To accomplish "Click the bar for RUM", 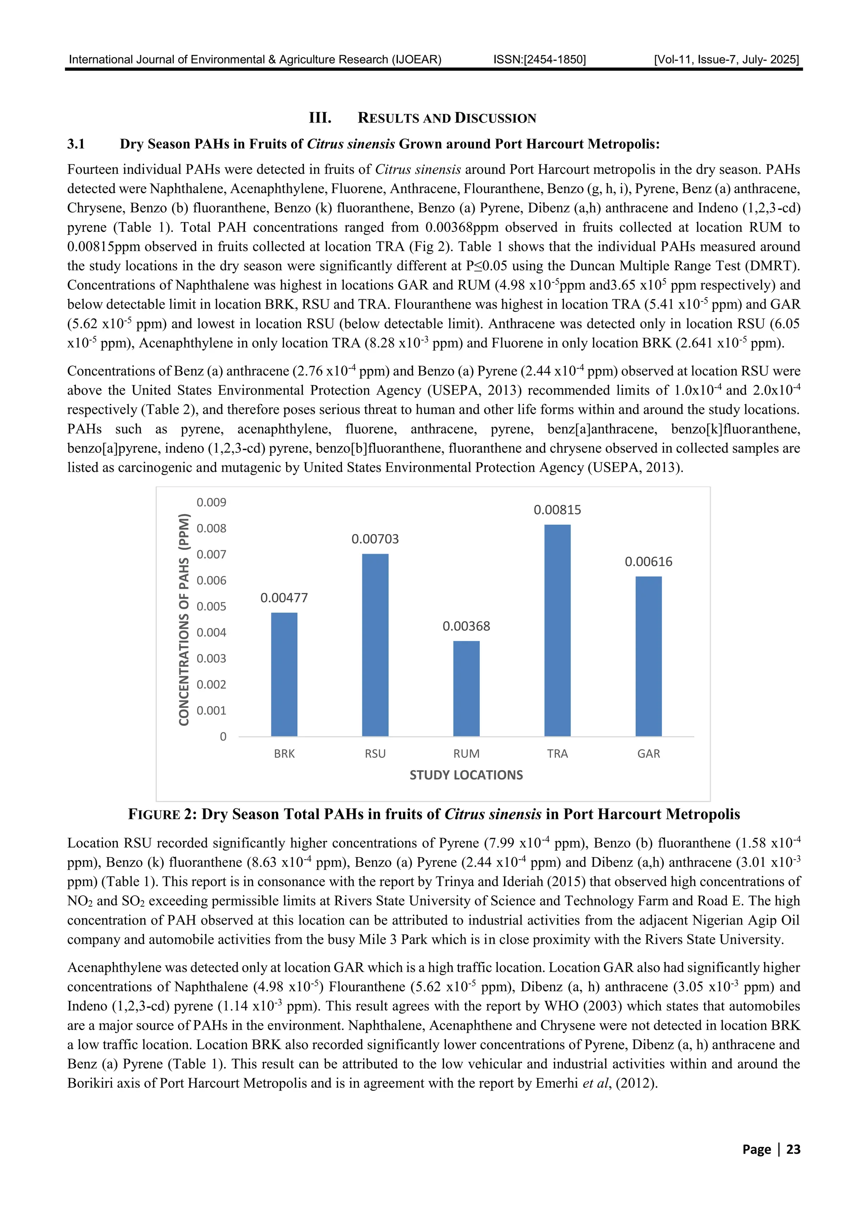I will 466,688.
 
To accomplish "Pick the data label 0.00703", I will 375,539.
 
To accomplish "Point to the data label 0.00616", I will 648,562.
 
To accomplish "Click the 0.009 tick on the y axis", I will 211,502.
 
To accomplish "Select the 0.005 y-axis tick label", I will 211,607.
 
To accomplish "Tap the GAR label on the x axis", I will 648,754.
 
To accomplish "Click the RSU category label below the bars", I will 375,754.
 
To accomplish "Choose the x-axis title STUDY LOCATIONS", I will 466,775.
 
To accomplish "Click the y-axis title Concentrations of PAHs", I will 184,619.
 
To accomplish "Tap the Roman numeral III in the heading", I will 320,118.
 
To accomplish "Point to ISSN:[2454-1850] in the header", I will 539,59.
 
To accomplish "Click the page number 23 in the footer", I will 793,1150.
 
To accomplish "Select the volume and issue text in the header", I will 726,59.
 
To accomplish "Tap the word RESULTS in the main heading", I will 388,118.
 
